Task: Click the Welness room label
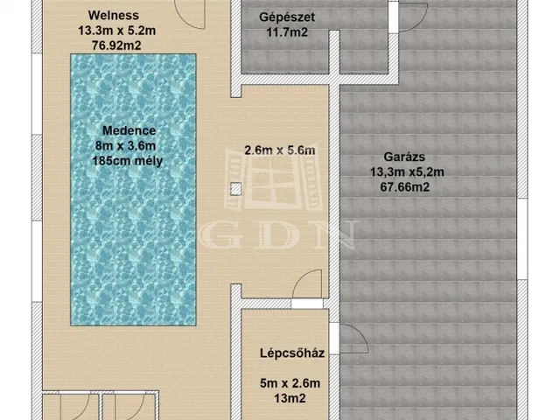pyautogui.click(x=113, y=16)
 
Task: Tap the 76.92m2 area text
pyautogui.click(x=116, y=45)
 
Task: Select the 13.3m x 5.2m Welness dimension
pyautogui.click(x=116, y=31)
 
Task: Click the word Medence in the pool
pyautogui.click(x=129, y=130)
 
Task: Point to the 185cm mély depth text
pyautogui.click(x=127, y=161)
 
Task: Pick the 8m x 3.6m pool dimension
pyautogui.click(x=125, y=146)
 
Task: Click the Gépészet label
pyautogui.click(x=287, y=17)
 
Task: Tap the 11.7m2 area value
pyautogui.click(x=287, y=32)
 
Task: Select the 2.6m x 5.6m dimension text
pyautogui.click(x=280, y=150)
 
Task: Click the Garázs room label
pyautogui.click(x=404, y=157)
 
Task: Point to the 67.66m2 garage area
pyautogui.click(x=404, y=186)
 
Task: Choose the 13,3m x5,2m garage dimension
pyautogui.click(x=407, y=171)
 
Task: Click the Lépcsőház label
pyautogui.click(x=292, y=353)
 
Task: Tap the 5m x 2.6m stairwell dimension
pyautogui.click(x=290, y=383)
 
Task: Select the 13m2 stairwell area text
pyautogui.click(x=290, y=398)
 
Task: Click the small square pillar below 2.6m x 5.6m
pyautogui.click(x=235, y=189)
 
